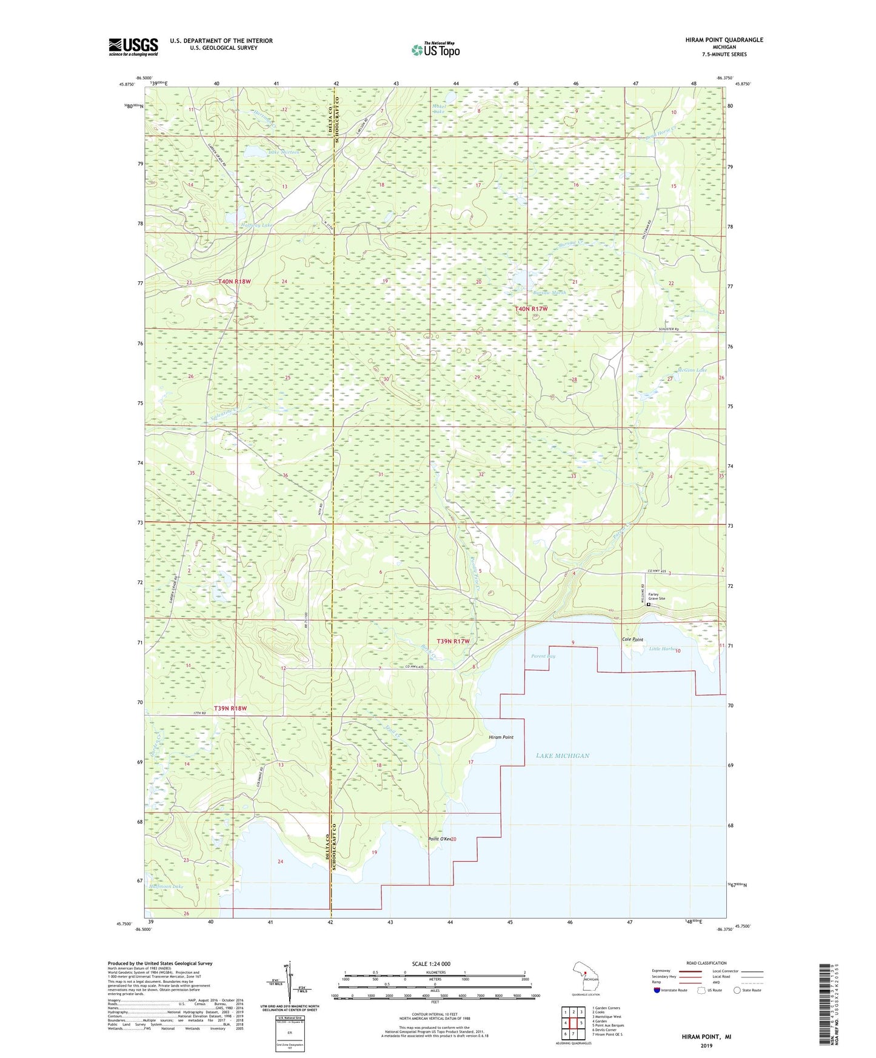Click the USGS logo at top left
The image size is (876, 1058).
[x=133, y=47]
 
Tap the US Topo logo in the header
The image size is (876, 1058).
[x=435, y=50]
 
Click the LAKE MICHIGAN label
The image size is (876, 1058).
[x=563, y=756]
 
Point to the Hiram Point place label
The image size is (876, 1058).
[x=501, y=737]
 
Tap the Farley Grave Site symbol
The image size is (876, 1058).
[x=648, y=604]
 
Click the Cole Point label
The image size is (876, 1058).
[x=632, y=639]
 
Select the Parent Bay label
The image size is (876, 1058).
[x=543, y=656]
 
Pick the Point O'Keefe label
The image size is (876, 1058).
[x=441, y=839]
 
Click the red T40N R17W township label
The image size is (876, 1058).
[x=531, y=309]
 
